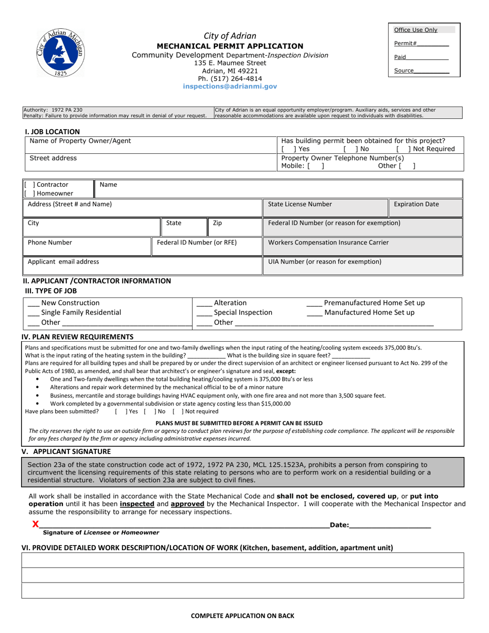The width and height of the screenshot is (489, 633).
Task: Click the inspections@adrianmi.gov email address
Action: (230, 87)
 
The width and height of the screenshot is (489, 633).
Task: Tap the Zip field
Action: (235, 228)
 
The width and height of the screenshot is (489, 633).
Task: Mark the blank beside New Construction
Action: (33, 304)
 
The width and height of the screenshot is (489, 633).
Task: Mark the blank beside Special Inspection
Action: (204, 313)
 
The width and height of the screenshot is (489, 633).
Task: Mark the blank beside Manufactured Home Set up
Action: (314, 313)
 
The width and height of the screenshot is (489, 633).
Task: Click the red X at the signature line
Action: (35, 524)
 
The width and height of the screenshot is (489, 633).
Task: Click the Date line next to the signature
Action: (390, 525)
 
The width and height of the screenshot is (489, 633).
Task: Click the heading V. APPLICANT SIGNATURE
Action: (66, 451)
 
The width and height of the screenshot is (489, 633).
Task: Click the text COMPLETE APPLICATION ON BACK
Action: (242, 616)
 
